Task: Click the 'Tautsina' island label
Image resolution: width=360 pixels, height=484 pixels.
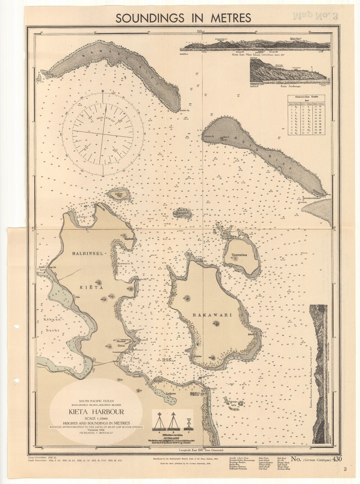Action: click(239, 255)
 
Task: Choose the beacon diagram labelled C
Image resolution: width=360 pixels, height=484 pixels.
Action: click(189, 423)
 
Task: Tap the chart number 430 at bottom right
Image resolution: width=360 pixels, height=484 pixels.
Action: click(338, 459)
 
